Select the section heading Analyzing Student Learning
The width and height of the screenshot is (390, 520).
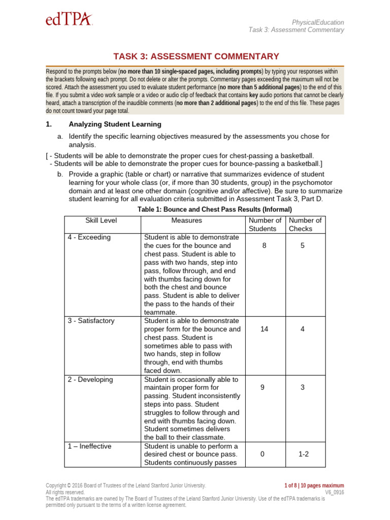pyautogui.click(x=115, y=124)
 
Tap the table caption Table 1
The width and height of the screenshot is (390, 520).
pyautogui.click(x=215, y=209)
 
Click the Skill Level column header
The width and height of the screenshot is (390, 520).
pyautogui.click(x=101, y=220)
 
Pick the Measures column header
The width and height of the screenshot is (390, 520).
pyautogui.click(x=186, y=220)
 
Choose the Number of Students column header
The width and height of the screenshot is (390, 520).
pyautogui.click(x=265, y=224)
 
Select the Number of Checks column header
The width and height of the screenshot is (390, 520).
pyautogui.click(x=305, y=224)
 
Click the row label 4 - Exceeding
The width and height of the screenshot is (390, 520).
pyautogui.click(x=89, y=238)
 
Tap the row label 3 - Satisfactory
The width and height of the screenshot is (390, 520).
pyautogui.click(x=91, y=321)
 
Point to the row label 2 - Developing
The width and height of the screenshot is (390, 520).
pyautogui.click(x=90, y=380)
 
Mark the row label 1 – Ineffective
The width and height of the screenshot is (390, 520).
pyautogui.click(x=90, y=446)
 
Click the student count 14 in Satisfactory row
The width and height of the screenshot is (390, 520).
pyautogui.click(x=264, y=329)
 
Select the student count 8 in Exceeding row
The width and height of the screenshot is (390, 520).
pyautogui.click(x=264, y=246)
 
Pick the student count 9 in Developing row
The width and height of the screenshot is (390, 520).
pyautogui.click(x=264, y=388)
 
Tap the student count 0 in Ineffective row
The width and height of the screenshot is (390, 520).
pyautogui.click(x=263, y=454)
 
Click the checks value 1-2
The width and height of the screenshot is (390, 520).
pyautogui.click(x=303, y=454)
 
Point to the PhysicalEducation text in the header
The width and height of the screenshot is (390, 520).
pyautogui.click(x=318, y=22)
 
